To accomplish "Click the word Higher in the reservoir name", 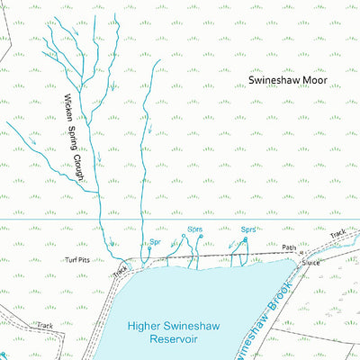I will coord(146,328).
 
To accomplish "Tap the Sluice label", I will coord(311,264).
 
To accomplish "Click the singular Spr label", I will coord(155,242).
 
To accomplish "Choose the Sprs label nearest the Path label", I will coord(248,229).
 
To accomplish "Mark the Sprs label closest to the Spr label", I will coord(195,229).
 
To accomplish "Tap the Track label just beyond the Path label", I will coord(337,234).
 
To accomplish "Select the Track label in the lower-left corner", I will coord(46,325).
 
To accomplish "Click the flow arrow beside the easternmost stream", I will coord(149,136).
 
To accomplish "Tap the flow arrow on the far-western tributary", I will coord(32,141).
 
